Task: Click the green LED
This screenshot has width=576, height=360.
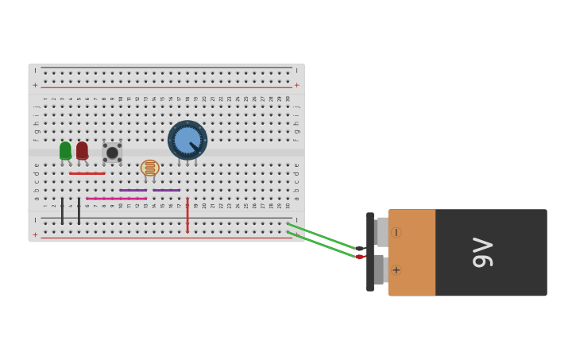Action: coord(65,149)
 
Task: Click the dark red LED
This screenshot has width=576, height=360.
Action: coord(82,149)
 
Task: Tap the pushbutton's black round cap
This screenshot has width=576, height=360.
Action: coord(112,153)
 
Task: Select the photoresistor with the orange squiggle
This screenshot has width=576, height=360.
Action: coord(149,168)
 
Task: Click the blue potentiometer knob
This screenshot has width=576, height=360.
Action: coord(187,141)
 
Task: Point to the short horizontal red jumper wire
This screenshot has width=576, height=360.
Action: coord(87,173)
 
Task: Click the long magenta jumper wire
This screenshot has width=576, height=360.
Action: coord(116,199)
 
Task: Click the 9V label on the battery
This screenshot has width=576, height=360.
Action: coord(482,253)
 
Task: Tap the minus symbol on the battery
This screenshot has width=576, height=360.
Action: coord(396,232)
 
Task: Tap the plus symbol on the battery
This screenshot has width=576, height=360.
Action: coord(396,270)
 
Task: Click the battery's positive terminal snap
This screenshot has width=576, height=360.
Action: coord(381,269)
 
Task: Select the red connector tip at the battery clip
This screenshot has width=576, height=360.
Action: coord(360,257)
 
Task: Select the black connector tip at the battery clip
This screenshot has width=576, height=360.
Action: coord(360,249)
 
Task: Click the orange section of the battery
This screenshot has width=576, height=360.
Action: coord(413,252)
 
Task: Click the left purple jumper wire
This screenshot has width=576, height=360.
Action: coord(133,190)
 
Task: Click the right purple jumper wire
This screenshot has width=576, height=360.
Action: coord(166,190)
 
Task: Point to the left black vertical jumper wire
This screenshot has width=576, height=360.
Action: coord(62,211)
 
